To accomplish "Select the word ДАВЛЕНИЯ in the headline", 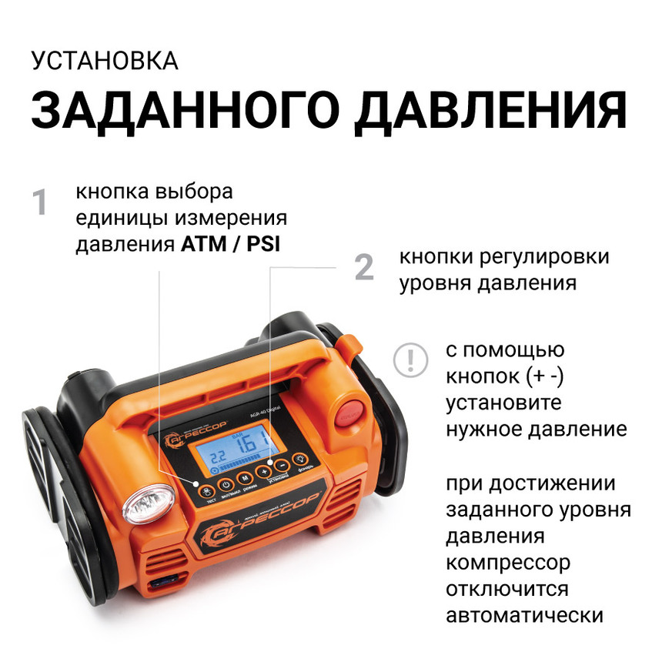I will click(x=493, y=110).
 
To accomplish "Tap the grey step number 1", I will click(x=40, y=204).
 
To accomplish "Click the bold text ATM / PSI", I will click(x=231, y=244).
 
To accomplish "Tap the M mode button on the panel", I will click(x=245, y=480).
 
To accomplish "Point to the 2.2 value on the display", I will click(x=219, y=456).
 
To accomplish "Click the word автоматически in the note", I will click(x=523, y=617).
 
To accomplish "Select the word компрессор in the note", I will click(x=508, y=563).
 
